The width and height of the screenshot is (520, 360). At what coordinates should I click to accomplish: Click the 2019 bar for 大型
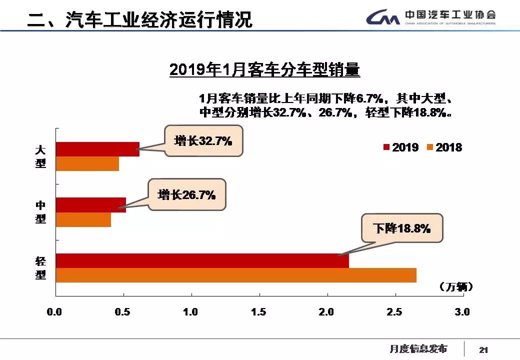pyautogui.click(x=97, y=149)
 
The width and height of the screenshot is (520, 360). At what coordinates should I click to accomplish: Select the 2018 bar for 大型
pyautogui.click(x=87, y=163)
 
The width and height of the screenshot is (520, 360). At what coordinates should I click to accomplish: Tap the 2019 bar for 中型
pyautogui.click(x=90, y=205)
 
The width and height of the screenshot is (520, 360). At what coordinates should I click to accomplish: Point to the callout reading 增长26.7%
pyautogui.click(x=186, y=194)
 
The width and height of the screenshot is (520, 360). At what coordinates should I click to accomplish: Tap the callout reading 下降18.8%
pyautogui.click(x=401, y=228)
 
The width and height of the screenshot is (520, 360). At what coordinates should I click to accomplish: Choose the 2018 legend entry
pyautogui.click(x=444, y=147)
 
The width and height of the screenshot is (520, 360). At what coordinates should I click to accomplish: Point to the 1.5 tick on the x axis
pyautogui.click(x=259, y=312)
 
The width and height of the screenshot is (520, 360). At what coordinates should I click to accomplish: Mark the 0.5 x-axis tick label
pyautogui.click(x=123, y=312)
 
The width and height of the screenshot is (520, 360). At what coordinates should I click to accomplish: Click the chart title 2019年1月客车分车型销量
pyautogui.click(x=264, y=69)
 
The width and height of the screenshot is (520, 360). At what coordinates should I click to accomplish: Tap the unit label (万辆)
pyautogui.click(x=455, y=286)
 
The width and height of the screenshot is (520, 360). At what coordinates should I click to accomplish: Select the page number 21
pyautogui.click(x=483, y=349)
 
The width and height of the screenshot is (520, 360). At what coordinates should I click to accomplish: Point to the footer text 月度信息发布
pyautogui.click(x=418, y=348)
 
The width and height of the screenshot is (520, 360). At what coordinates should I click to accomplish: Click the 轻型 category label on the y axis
pyautogui.click(x=40, y=268)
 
